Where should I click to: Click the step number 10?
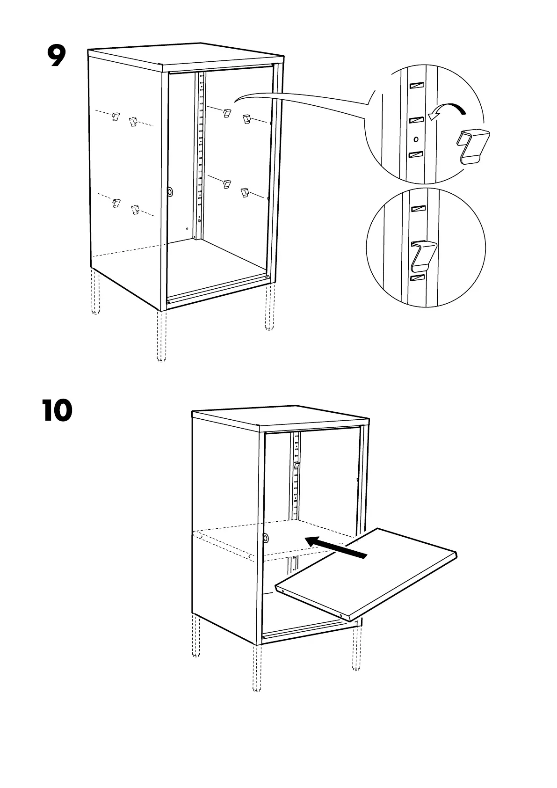click(x=57, y=410)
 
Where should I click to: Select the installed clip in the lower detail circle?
click(x=424, y=256)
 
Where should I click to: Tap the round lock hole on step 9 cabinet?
click(x=170, y=191)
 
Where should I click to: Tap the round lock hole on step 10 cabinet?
click(x=266, y=538)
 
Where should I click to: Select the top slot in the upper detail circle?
click(x=416, y=86)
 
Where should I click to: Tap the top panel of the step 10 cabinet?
click(x=281, y=416)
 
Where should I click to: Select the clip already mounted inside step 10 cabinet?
click(x=297, y=466)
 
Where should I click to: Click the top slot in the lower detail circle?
click(x=417, y=208)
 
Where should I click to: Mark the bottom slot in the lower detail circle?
click(x=417, y=278)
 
